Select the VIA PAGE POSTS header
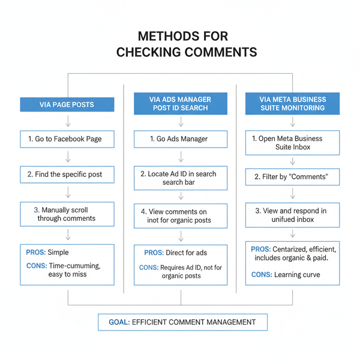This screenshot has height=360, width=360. pos(67,104)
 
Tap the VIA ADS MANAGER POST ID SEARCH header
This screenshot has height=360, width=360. pos(180,104)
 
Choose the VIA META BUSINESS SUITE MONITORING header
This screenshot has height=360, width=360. pos(293,104)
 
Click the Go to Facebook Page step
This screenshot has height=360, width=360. pos(67,139)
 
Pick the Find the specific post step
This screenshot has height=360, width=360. pos(67,175)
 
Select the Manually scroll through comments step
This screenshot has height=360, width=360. pos(67,214)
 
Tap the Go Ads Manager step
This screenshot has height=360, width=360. pos(180,139)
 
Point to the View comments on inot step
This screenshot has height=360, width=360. pos(180,215)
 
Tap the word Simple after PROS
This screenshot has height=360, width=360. pos(58,253)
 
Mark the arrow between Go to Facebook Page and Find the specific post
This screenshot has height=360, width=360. pos(67,157)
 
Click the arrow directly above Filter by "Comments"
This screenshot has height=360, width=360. pos(293,161)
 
